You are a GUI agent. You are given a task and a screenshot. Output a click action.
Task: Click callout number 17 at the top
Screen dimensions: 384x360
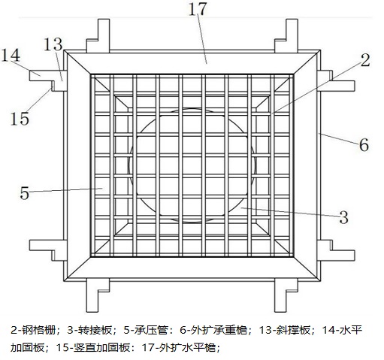[x=198, y=9]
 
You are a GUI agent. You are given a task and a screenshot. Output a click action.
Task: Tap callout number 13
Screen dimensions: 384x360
[x=53, y=44]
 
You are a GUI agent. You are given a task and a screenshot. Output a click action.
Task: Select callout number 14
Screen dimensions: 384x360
[x=11, y=56]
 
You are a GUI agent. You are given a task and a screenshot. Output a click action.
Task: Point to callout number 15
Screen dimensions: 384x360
[x=20, y=118]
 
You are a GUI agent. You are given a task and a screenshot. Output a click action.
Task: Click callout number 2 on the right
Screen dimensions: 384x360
[x=365, y=60]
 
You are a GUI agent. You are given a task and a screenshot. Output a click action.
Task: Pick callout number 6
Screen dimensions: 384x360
[x=364, y=144]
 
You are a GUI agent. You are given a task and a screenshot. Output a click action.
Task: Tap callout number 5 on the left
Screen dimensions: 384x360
[x=25, y=193]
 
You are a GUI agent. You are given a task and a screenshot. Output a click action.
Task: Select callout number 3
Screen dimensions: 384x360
[x=343, y=217]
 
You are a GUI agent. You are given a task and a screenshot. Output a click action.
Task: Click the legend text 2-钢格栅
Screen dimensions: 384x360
[x=33, y=330]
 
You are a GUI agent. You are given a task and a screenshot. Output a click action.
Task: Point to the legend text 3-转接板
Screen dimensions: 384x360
[x=89, y=330]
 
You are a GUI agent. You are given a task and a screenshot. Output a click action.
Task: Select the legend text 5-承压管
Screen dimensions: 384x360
[x=146, y=330]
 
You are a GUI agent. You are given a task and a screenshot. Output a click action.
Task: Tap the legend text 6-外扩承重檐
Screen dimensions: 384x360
[x=213, y=330]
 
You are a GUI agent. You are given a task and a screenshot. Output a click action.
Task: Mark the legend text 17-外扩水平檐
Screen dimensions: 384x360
[x=179, y=347]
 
